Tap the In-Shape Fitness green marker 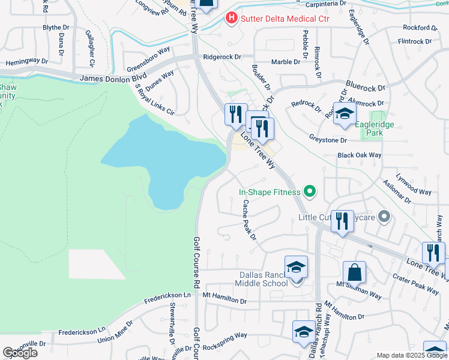click(310, 193)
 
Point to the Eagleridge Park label click(378, 126)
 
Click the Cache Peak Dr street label click(249, 220)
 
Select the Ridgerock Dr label click(222, 57)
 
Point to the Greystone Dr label click(327, 140)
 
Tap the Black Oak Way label click(360, 155)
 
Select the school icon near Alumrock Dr click(345, 114)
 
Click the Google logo click(20, 353)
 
